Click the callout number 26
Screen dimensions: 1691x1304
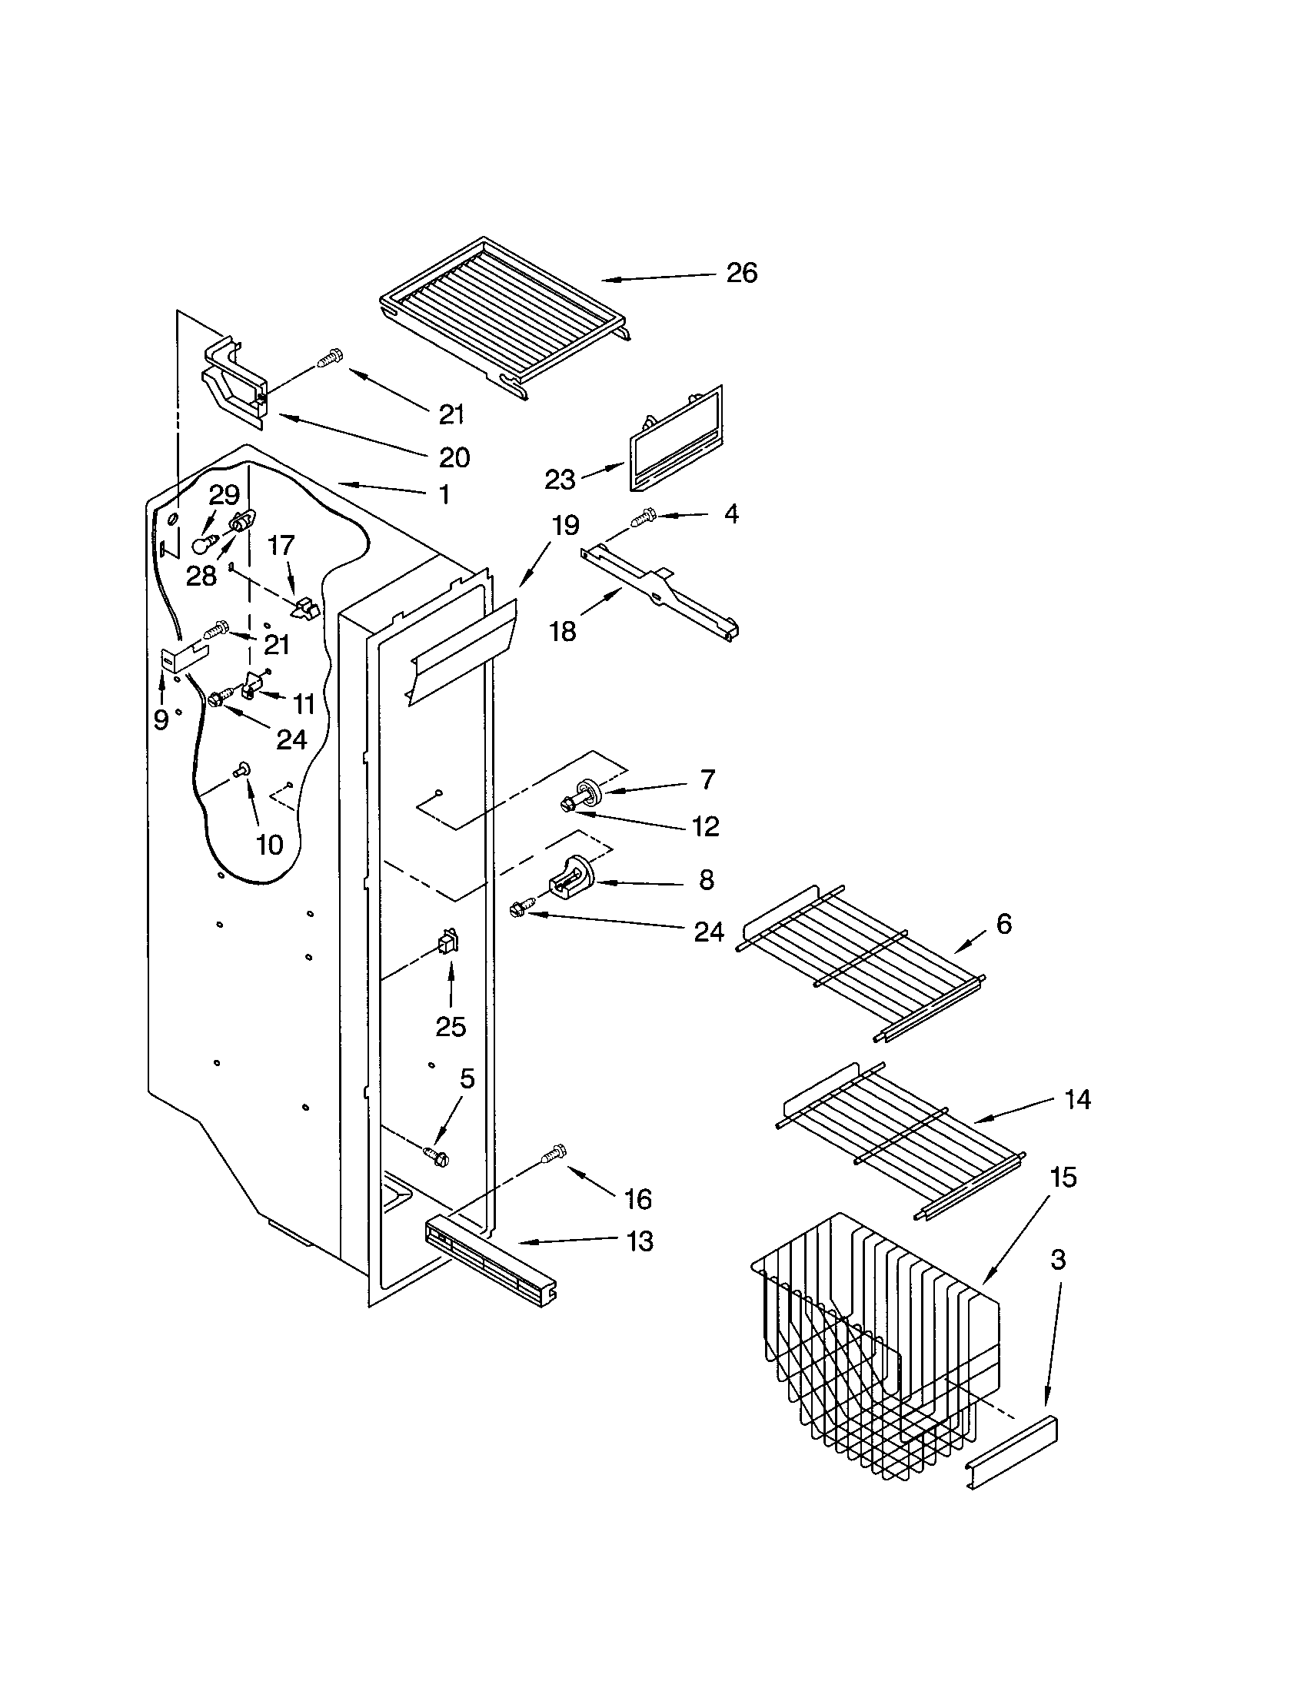[x=741, y=274]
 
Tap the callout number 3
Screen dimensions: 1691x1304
[x=1059, y=1260]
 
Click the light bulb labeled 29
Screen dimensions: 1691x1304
[x=203, y=545]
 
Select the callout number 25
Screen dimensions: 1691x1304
[x=451, y=1027]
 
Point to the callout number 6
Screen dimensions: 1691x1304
[x=1003, y=924]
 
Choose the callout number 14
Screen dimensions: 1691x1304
[x=1077, y=1098]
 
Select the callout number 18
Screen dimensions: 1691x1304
[x=563, y=631]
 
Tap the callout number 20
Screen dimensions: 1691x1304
[x=454, y=457]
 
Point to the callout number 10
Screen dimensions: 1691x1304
[x=269, y=844]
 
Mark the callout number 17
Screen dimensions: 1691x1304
[x=281, y=546]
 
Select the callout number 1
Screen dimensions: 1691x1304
[x=444, y=495]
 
